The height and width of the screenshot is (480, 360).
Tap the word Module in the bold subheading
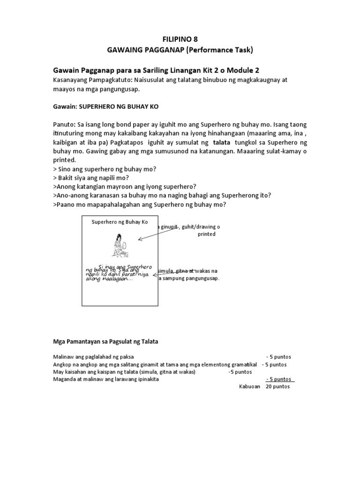238,70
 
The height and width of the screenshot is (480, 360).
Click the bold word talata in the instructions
222,142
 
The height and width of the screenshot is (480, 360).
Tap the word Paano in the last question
66,205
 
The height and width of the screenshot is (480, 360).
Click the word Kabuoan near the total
249,387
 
